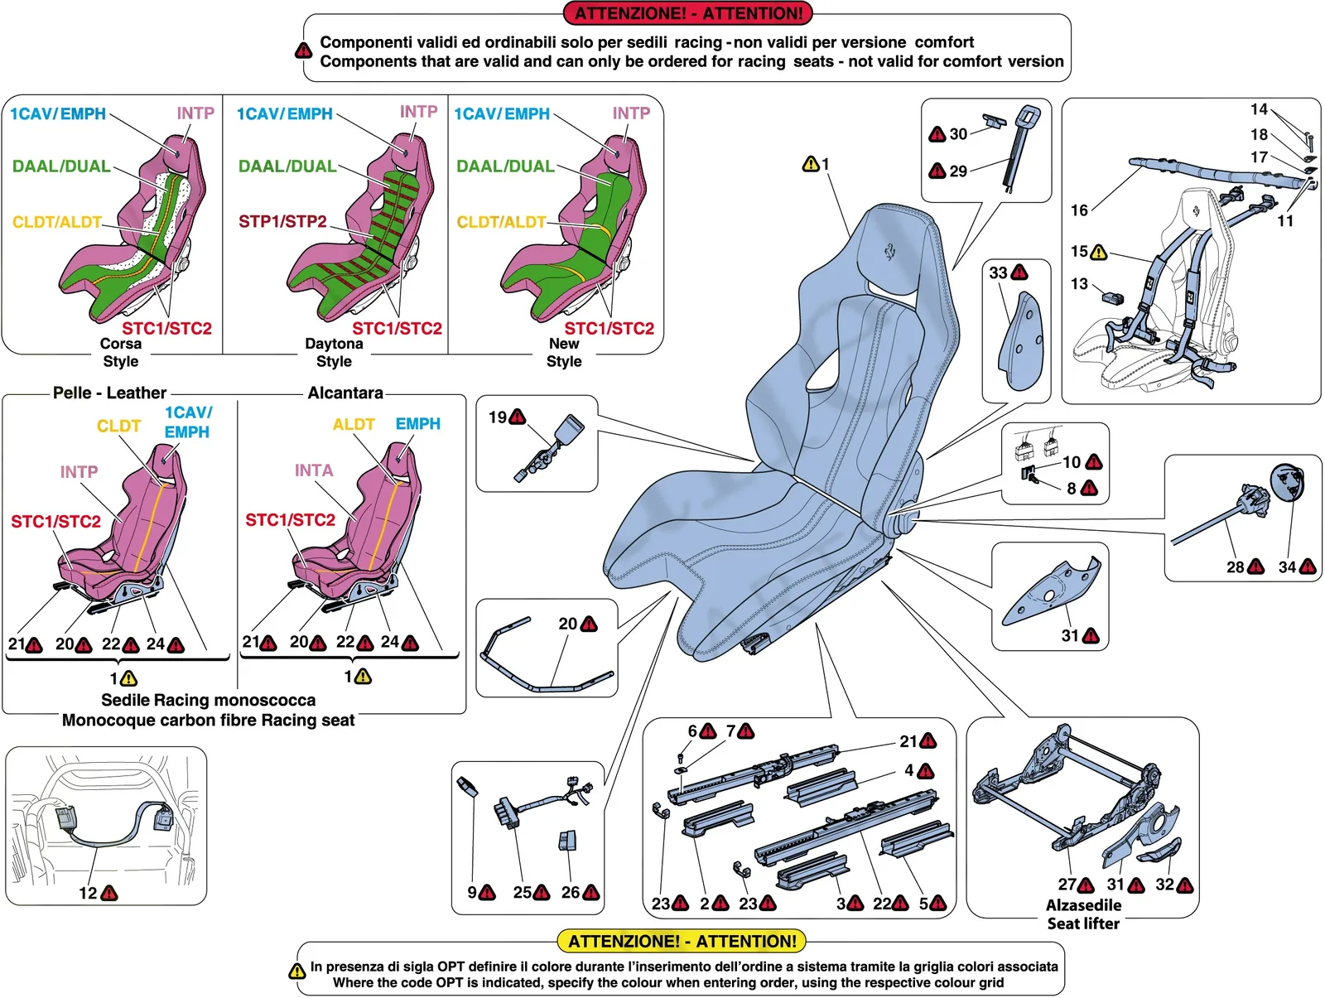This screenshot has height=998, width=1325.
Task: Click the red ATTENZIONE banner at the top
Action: point(687,12)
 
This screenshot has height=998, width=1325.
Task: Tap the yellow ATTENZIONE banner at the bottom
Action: point(682,941)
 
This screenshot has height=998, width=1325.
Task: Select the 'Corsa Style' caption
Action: point(121,352)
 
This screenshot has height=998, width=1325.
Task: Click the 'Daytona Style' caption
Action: point(334,352)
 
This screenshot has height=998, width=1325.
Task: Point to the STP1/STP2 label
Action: point(282,222)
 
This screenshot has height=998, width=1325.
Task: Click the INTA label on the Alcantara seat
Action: point(314,470)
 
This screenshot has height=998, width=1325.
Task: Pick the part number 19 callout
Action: point(498,417)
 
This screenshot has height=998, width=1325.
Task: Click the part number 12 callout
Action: point(88,893)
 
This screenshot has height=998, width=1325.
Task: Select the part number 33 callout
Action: point(998,272)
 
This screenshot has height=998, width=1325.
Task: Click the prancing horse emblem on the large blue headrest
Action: point(889,252)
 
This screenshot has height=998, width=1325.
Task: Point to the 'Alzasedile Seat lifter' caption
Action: point(1083,914)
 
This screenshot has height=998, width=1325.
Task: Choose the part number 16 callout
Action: point(1079,210)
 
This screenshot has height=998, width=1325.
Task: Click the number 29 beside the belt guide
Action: point(959,171)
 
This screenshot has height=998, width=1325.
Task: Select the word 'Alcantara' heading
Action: point(345,393)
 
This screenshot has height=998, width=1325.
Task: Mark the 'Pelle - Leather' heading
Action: point(109,393)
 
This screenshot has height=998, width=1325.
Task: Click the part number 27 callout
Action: point(1067,884)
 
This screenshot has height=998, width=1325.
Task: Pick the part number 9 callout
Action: point(472,892)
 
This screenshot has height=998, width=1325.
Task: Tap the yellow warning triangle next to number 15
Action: point(1099,252)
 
